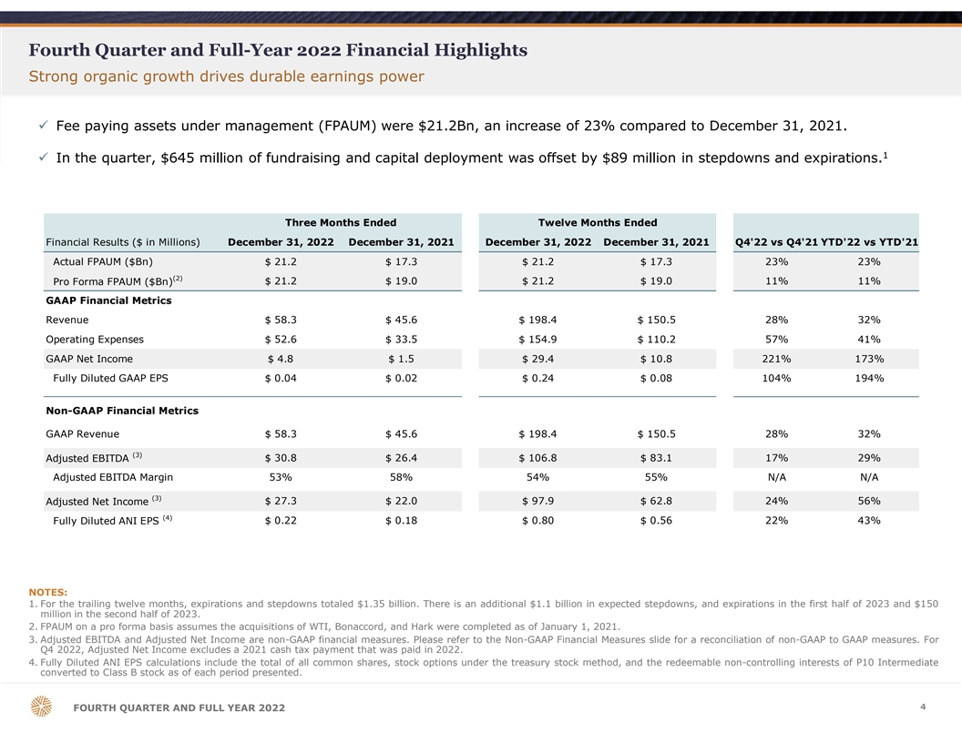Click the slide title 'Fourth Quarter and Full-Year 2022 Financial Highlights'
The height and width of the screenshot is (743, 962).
tap(278, 49)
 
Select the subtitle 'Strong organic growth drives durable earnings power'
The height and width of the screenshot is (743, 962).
tap(226, 76)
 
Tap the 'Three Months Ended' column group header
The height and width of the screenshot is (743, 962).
tap(341, 223)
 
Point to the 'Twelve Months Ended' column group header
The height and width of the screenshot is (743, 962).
tap(598, 223)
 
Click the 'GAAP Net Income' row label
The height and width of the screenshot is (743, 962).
tap(89, 359)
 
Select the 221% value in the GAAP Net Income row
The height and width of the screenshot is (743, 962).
tap(775, 359)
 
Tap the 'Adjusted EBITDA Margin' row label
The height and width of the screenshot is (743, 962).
tap(113, 477)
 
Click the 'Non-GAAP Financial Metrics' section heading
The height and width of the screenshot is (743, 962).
tap(122, 411)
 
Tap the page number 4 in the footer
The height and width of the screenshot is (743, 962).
tap(923, 706)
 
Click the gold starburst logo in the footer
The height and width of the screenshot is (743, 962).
tap(42, 707)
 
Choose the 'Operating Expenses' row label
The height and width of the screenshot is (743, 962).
tap(95, 340)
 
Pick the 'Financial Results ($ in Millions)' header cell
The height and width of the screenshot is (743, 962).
tap(123, 241)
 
